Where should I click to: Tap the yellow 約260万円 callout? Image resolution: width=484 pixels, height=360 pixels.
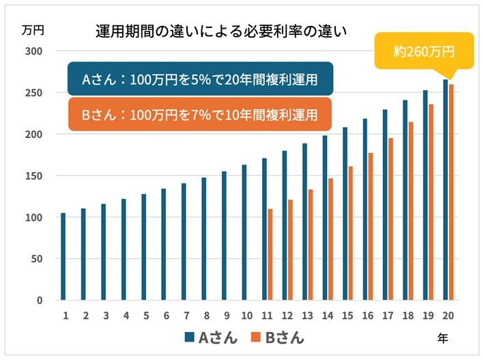point(424,51)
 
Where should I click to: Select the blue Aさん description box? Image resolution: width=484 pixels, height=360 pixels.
point(199,79)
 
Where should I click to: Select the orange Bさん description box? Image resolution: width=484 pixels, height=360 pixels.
point(199,115)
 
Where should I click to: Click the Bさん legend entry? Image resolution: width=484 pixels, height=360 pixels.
point(276,337)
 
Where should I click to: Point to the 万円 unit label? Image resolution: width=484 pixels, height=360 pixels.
point(32,30)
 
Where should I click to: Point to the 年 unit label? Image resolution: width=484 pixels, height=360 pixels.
point(443,337)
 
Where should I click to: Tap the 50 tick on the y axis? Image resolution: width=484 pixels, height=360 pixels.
point(37,259)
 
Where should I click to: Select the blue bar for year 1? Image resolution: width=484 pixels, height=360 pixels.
point(63,256)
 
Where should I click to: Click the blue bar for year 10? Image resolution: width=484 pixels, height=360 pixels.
point(244,232)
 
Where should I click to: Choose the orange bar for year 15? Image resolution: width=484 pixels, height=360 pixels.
point(350,233)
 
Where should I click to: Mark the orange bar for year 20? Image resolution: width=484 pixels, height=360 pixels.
point(451,192)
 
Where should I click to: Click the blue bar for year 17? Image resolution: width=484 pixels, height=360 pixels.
point(384,204)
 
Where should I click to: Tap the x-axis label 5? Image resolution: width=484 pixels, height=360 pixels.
point(144,316)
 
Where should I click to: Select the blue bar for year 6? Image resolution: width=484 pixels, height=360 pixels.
point(164,244)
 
